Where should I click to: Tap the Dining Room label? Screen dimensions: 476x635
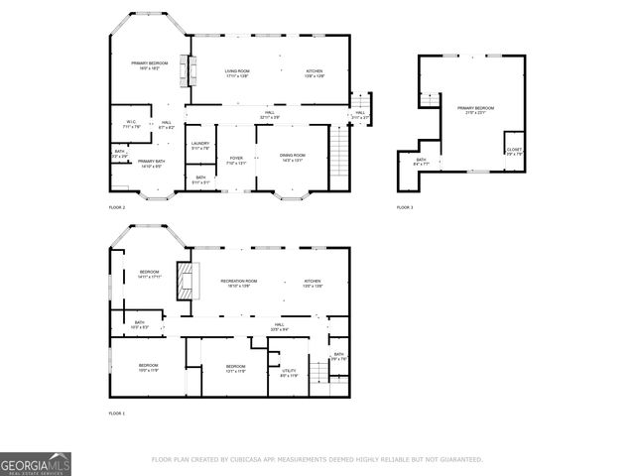[x=292, y=158]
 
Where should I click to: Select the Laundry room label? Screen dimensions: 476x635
[x=199, y=145]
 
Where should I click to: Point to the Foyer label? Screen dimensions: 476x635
[x=236, y=160]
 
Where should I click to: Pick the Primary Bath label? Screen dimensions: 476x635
[x=151, y=164]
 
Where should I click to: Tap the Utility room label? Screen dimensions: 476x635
[x=288, y=373]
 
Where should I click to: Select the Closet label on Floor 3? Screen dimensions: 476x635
[x=514, y=152]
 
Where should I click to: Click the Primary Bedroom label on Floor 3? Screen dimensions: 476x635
[x=475, y=109]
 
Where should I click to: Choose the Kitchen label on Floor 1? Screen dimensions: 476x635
[x=312, y=283]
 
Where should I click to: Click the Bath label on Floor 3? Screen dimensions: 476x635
[x=421, y=162]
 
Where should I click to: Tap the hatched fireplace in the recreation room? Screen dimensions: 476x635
[x=184, y=280]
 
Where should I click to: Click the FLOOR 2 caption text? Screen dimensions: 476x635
[x=117, y=207]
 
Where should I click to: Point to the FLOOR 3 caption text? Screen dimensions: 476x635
[x=405, y=207]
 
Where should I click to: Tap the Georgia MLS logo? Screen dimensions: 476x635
[x=35, y=464]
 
